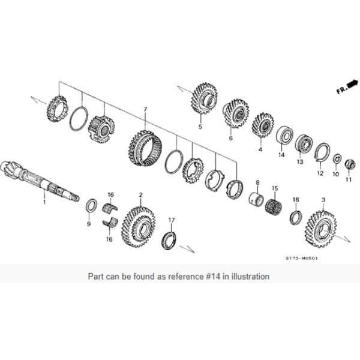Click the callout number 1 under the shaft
coord(43,203)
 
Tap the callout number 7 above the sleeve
coord(145,110)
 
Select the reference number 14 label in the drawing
coord(281,155)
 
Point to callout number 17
coord(171,220)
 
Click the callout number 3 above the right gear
coord(323,199)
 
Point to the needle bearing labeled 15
coord(274,208)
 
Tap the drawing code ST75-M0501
coord(301,259)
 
